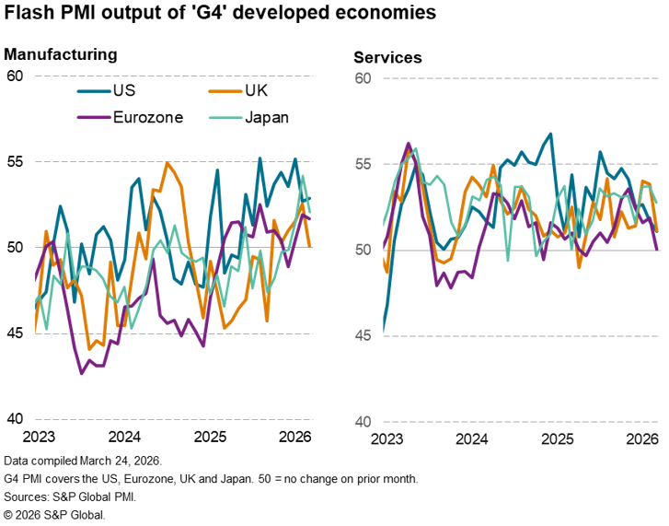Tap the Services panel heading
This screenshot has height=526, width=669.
coord(387,57)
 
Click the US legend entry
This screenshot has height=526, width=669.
coord(123,90)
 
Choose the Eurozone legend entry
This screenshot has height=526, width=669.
coord(148,117)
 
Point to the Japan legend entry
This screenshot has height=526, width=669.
coord(267,117)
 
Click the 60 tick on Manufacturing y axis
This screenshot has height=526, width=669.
coord(15,76)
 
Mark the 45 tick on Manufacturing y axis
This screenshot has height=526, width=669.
coord(15,333)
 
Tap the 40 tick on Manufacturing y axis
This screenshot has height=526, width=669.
coord(15,419)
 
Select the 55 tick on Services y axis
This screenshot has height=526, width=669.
coord(363,164)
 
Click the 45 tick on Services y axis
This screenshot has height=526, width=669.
coord(363,336)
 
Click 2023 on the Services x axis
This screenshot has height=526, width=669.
coord(383,440)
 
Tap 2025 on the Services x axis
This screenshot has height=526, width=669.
coord(559,440)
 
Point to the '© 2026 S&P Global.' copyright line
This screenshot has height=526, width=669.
coord(55,514)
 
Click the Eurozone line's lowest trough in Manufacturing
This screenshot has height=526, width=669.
coord(82,373)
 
